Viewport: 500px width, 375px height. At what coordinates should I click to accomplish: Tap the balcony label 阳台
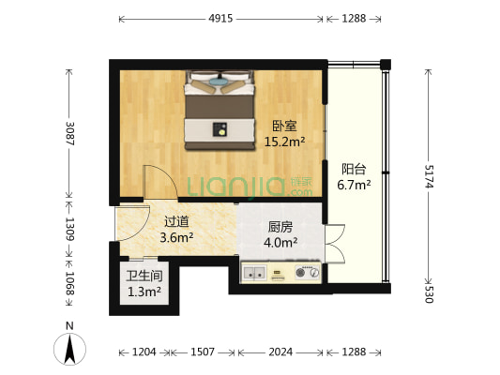tap(354, 169)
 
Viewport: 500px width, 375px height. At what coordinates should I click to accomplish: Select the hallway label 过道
tap(176, 222)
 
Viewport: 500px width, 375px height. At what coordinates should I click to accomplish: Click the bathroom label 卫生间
tap(144, 276)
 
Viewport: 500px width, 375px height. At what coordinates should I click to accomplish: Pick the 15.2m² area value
tap(284, 142)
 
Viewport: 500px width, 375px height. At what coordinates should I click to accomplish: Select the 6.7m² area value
tap(354, 185)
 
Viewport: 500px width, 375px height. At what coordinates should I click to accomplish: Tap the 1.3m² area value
tap(144, 292)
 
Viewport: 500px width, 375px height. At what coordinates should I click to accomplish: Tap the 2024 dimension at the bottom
tap(280, 352)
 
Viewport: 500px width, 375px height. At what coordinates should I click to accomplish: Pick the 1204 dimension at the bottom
tap(144, 352)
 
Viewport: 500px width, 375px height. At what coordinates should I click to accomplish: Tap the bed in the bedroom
tap(220, 111)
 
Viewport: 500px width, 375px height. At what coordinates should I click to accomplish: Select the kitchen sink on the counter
tap(253, 274)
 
